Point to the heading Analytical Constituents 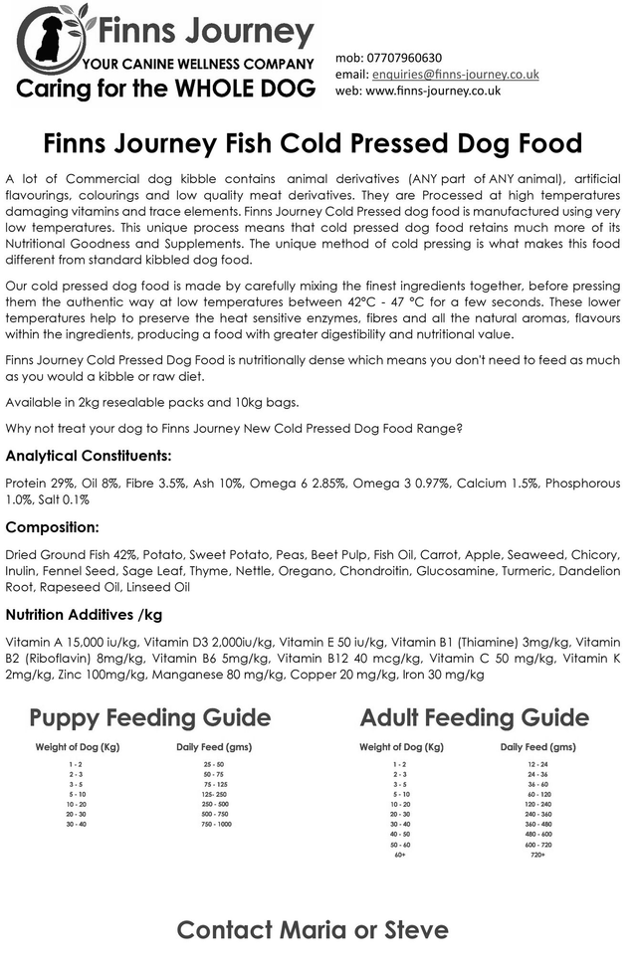click(x=89, y=456)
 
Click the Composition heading click(x=52, y=526)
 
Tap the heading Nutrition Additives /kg click(x=83, y=614)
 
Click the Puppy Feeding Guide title click(x=149, y=717)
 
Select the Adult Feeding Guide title click(x=474, y=717)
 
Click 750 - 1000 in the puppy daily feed click(x=216, y=825)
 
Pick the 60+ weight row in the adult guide click(x=400, y=855)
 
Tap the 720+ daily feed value click(x=537, y=855)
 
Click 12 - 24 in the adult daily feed click(x=537, y=763)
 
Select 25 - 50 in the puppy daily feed click(x=214, y=763)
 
